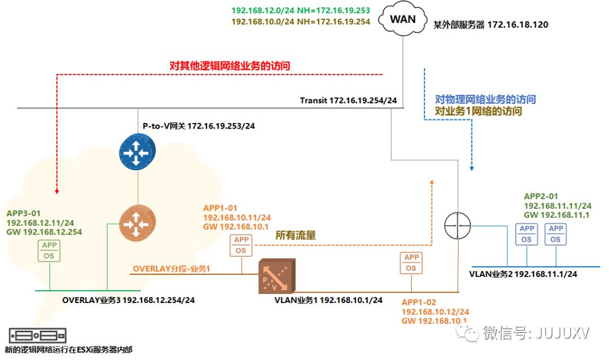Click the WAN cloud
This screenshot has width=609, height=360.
tap(403, 19)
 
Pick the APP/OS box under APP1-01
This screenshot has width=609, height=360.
tap(241, 245)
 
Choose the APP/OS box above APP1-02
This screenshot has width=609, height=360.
tap(411, 263)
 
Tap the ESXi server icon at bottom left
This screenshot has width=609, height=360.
tap(37, 335)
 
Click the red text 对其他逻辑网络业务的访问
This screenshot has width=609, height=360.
tap(230, 66)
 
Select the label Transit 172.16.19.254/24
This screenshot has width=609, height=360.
tap(348, 100)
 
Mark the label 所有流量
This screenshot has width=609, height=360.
tap(295, 236)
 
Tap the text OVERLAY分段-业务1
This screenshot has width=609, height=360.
tap(171, 269)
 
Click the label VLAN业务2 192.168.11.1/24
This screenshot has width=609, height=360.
tap(523, 274)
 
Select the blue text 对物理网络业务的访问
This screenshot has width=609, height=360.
tap(486, 99)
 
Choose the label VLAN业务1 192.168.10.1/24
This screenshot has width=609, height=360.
tap(328, 300)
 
